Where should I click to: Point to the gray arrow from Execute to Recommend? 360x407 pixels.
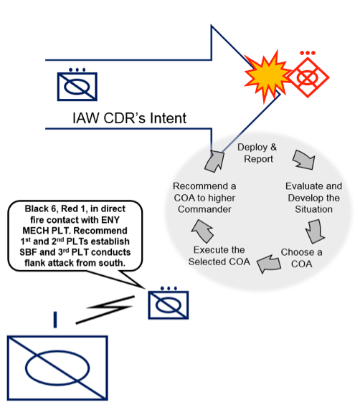coord(199,229)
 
